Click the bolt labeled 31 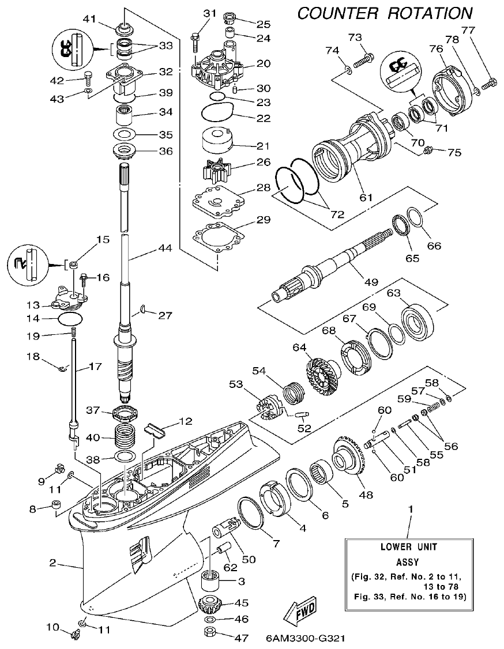point(194,39)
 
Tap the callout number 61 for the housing point(365,198)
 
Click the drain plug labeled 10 point(73,635)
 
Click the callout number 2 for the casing point(52,563)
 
